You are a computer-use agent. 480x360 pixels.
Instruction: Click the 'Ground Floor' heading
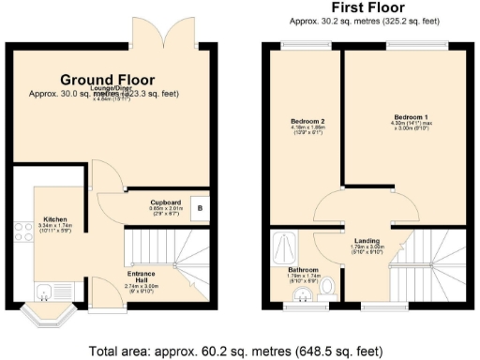click(x=108, y=81)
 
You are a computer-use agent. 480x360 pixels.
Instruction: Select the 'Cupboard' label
click(x=165, y=202)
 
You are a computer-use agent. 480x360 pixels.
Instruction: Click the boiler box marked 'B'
click(x=199, y=208)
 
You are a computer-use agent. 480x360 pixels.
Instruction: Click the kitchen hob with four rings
click(x=19, y=232)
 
